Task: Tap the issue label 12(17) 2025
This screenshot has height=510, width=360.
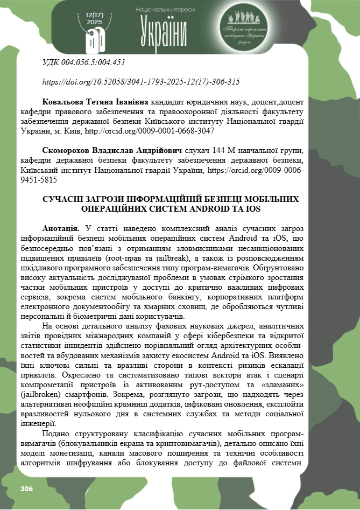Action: click(95, 18)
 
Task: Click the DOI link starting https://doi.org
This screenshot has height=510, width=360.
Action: click(140, 82)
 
